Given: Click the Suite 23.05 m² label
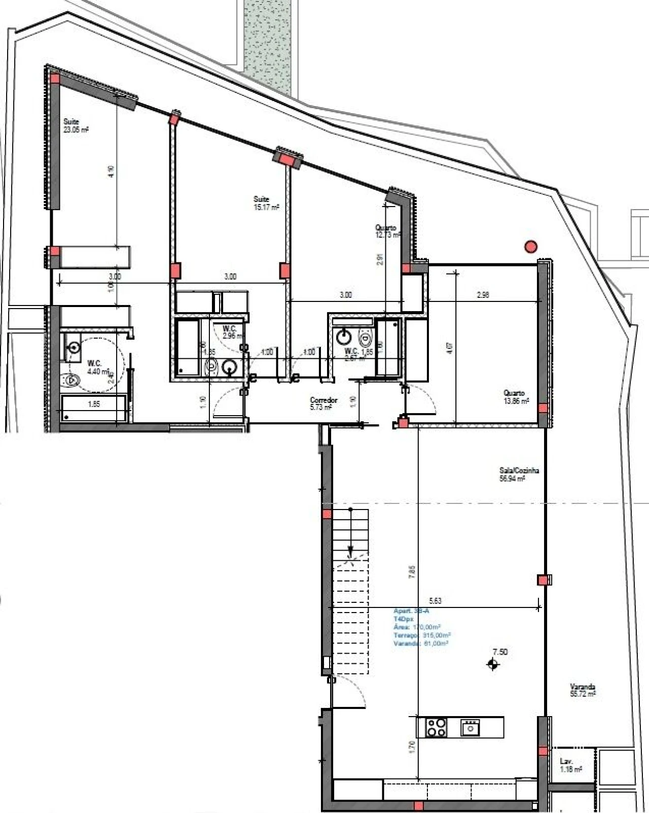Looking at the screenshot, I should coord(76,125).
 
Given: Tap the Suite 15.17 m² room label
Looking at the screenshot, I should coord(266,203).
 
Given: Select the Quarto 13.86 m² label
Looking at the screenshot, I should coord(516,397).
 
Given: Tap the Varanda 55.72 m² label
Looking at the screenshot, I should coord(582,690).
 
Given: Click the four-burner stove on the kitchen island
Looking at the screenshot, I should coord(436,728).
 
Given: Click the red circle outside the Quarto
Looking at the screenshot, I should coord(530,247).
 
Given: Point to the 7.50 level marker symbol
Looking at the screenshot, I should coord(493,663).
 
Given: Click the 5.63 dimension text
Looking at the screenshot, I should coord(435,600).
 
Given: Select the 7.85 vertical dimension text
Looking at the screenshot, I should coord(412,572).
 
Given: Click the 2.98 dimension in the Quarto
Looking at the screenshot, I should coord(483,294).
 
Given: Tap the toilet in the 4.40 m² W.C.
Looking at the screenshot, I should coord(72,379).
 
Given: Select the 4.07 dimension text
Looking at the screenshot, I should coord(450,348).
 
